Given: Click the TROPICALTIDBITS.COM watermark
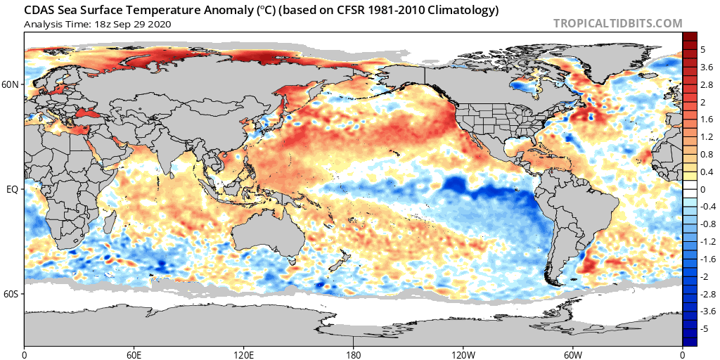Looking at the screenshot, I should point(617,23).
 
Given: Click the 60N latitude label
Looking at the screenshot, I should point(11,84).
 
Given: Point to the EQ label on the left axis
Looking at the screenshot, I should point(13,189).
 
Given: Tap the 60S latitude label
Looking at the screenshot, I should point(11,294).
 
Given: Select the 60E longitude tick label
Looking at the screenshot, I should point(134,353).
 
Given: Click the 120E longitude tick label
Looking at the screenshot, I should point(244,353).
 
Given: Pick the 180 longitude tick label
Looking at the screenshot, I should point(354,353).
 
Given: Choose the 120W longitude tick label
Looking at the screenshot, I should point(463,353).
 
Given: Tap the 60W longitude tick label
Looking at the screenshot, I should point(572,353).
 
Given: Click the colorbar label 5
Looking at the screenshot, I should point(703,50).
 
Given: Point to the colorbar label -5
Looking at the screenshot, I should point(705,328).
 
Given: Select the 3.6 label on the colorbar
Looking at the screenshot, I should point(706,67).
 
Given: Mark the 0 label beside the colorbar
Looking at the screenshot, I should point(703,189).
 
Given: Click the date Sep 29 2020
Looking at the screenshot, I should point(141,24).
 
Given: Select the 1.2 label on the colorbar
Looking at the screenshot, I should point(706,136).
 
